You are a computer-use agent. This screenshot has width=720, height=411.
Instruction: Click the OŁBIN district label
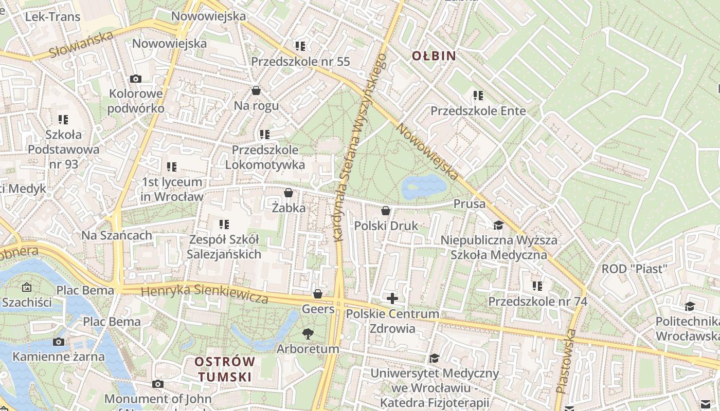434,56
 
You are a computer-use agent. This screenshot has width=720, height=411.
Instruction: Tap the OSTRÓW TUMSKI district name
225,369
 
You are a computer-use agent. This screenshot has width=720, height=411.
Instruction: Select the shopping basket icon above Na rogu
256,91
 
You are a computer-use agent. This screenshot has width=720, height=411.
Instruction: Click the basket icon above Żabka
289,193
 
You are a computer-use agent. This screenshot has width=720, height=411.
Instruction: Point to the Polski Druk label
386,226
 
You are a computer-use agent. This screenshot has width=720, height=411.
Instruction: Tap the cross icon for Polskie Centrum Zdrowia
392,298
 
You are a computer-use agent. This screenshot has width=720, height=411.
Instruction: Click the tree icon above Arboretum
308,334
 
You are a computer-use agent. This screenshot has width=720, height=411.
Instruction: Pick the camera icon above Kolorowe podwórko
136,79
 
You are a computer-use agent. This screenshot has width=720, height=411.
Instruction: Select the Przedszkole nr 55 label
300,62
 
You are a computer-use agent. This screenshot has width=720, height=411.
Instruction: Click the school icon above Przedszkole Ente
478,96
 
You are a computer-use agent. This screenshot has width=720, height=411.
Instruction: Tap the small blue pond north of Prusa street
424,186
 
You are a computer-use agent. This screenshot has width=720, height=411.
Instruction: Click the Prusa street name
469,204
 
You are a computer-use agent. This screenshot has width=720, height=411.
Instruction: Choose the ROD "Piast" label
634,269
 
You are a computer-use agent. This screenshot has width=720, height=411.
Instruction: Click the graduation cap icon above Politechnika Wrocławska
690,307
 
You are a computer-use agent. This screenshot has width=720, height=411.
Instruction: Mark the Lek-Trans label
53,17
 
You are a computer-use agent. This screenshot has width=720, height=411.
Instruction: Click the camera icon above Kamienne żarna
59,342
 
